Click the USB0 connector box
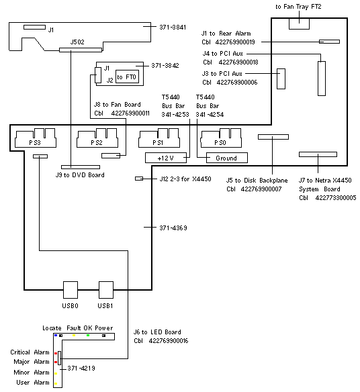click(71, 290)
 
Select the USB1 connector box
click(106, 290)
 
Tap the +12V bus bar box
click(166, 158)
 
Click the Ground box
click(227, 158)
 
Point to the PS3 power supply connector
click(36, 138)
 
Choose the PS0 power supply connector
click(221, 138)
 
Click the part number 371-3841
click(173, 27)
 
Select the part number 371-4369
click(173, 228)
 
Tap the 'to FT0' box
click(127, 77)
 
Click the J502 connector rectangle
click(81, 50)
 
